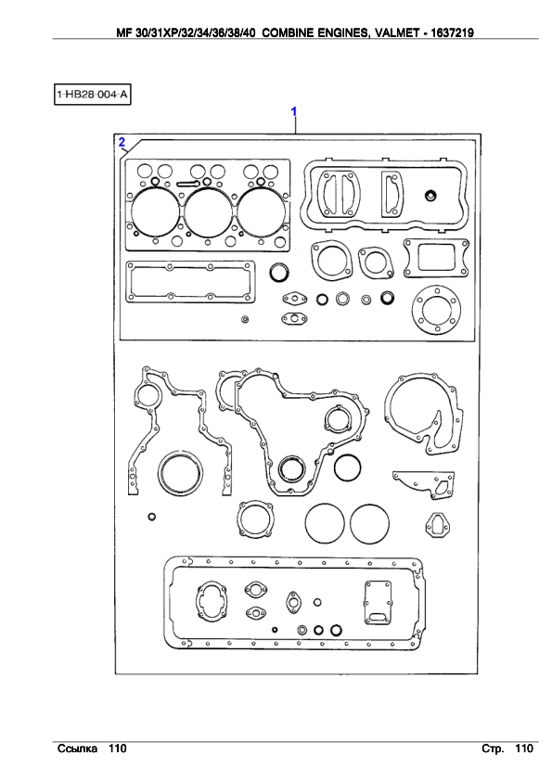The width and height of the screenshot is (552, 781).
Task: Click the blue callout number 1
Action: (x=294, y=111)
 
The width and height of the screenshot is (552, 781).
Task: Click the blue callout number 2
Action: (x=122, y=143)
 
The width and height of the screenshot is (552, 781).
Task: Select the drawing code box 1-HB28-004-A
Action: (x=92, y=94)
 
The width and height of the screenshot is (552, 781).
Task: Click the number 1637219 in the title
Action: (x=453, y=32)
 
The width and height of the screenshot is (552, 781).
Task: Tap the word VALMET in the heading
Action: (x=397, y=32)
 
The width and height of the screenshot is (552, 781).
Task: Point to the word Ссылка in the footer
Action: (x=77, y=749)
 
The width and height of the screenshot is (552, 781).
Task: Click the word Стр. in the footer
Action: (x=493, y=749)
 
